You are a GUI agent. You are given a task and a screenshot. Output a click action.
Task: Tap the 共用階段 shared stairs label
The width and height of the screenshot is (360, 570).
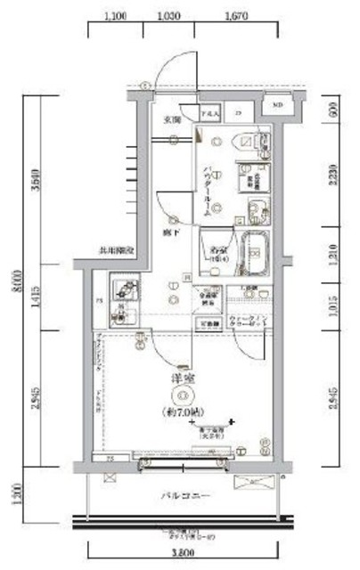click(115, 253)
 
